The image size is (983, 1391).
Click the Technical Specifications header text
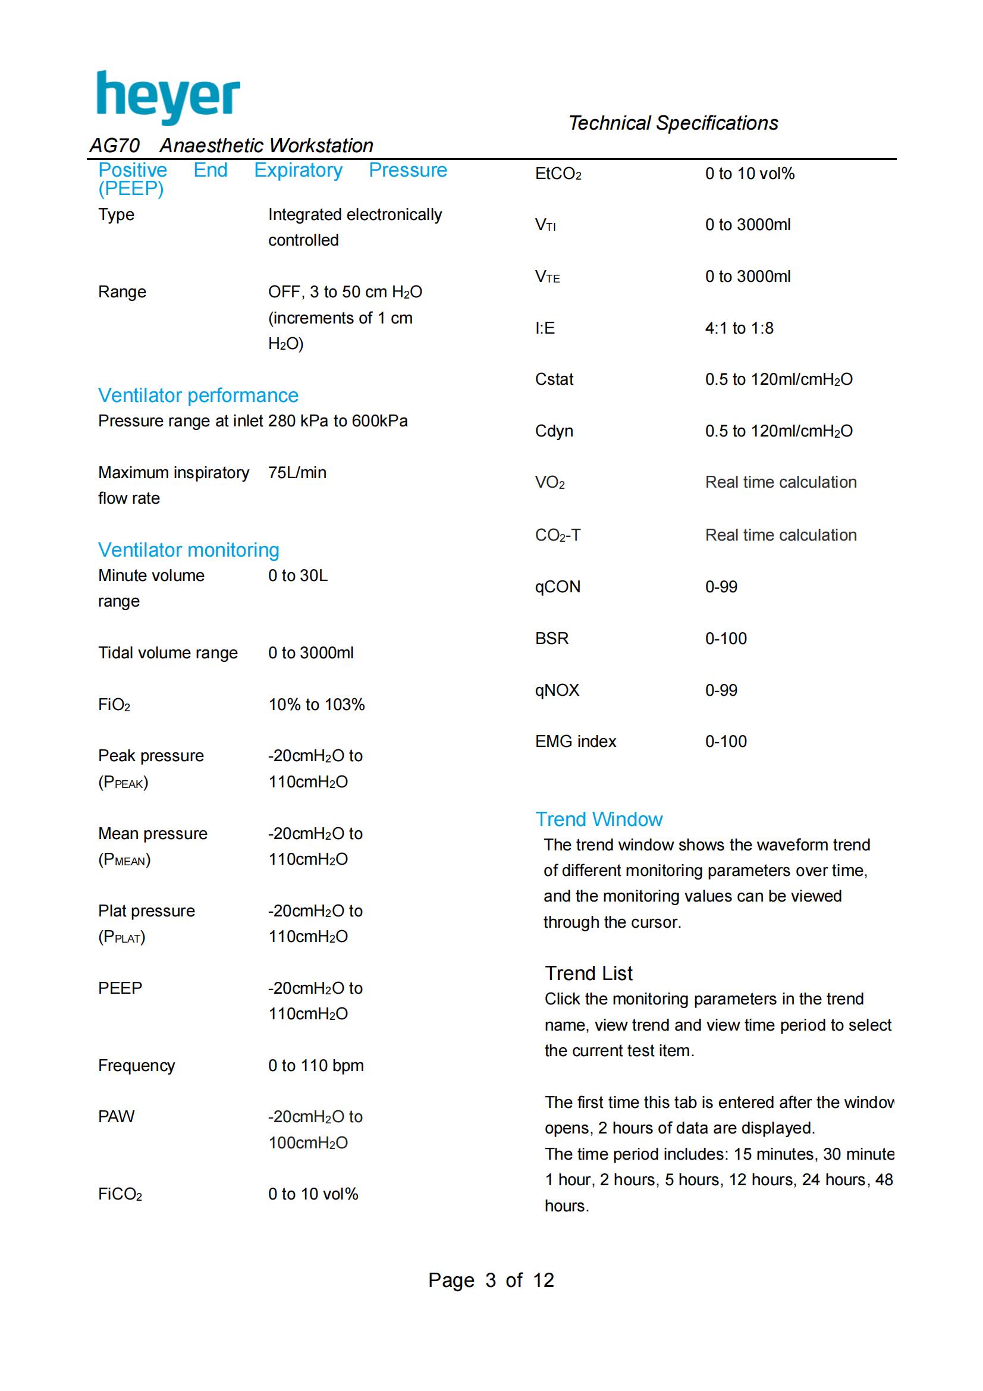click(x=673, y=123)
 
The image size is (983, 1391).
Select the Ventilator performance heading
click(x=198, y=395)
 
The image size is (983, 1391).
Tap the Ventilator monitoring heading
click(x=189, y=550)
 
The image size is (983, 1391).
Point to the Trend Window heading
click(x=598, y=819)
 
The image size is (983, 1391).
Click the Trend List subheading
click(x=588, y=973)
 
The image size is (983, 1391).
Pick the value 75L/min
click(x=297, y=473)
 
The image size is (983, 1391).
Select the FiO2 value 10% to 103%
click(x=316, y=705)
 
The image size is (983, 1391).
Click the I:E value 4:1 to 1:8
click(x=739, y=328)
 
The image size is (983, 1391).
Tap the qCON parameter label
click(x=557, y=587)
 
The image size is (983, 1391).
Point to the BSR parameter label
click(x=552, y=639)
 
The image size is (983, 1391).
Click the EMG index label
click(x=576, y=742)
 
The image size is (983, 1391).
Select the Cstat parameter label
click(x=554, y=379)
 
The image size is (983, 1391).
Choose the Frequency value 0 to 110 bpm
click(x=316, y=1066)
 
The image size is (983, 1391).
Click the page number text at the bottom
click(x=491, y=1280)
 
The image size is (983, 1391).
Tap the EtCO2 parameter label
click(x=558, y=174)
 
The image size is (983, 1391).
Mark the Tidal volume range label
click(x=168, y=653)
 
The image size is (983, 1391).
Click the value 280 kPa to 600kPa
click(x=337, y=421)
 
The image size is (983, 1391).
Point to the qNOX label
click(x=557, y=690)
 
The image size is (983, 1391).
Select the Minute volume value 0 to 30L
click(x=297, y=576)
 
